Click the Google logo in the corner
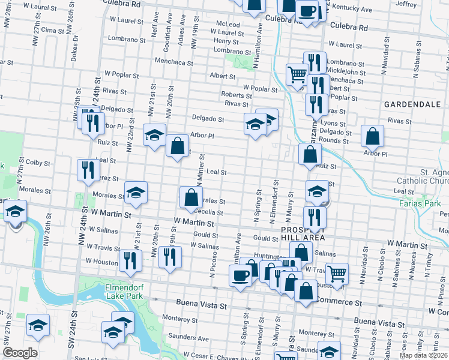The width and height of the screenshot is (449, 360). pyautogui.click(x=19, y=353)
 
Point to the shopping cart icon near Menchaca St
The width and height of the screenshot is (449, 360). pyautogui.click(x=297, y=75)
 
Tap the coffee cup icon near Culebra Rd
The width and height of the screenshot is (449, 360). pyautogui.click(x=307, y=10)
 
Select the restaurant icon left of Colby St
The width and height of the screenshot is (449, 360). pyautogui.click(x=88, y=169)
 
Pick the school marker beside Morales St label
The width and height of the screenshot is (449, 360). pyautogui.click(x=136, y=193)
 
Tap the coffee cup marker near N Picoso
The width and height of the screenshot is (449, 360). pyautogui.click(x=240, y=275)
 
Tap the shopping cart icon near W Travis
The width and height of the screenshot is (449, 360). pyautogui.click(x=337, y=273)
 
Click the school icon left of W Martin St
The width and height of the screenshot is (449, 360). pyautogui.click(x=15, y=212)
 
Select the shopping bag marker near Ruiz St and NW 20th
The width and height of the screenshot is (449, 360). pyautogui.click(x=177, y=145)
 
